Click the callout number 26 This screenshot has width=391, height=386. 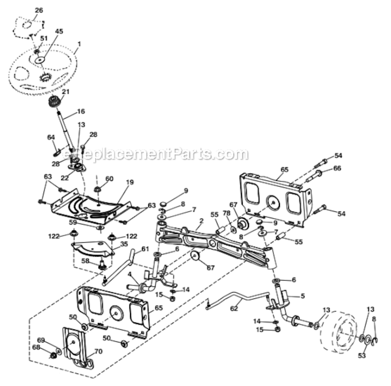tap(39, 10)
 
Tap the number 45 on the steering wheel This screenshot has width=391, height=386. tap(59, 31)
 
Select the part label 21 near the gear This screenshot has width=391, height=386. tap(65, 92)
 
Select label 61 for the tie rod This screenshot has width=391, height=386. tap(145, 249)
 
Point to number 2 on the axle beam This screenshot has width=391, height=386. tap(202, 220)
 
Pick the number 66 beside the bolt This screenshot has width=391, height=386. tap(337, 168)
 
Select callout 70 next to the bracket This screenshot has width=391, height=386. tap(99, 352)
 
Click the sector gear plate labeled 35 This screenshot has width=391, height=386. tap(92, 250)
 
